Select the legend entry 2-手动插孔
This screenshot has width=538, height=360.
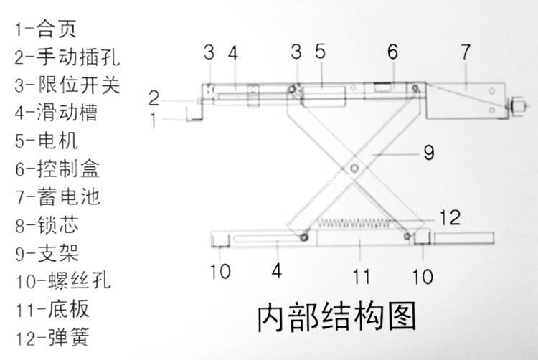click(x=67, y=57)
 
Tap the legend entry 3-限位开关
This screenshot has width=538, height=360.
click(x=67, y=85)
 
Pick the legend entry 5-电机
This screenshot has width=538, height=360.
click(x=46, y=141)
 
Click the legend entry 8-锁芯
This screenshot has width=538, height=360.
click(x=46, y=224)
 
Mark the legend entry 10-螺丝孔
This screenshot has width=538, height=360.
click(x=62, y=280)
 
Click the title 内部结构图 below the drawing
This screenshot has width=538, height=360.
click(x=336, y=316)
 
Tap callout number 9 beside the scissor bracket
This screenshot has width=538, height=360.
click(x=428, y=153)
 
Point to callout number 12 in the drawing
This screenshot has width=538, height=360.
click(x=448, y=217)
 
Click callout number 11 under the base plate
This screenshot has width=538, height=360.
click(x=362, y=273)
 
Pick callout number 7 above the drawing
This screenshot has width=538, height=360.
click(x=466, y=52)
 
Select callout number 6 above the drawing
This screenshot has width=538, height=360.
click(x=392, y=52)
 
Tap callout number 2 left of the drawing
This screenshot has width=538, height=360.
click(x=154, y=98)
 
